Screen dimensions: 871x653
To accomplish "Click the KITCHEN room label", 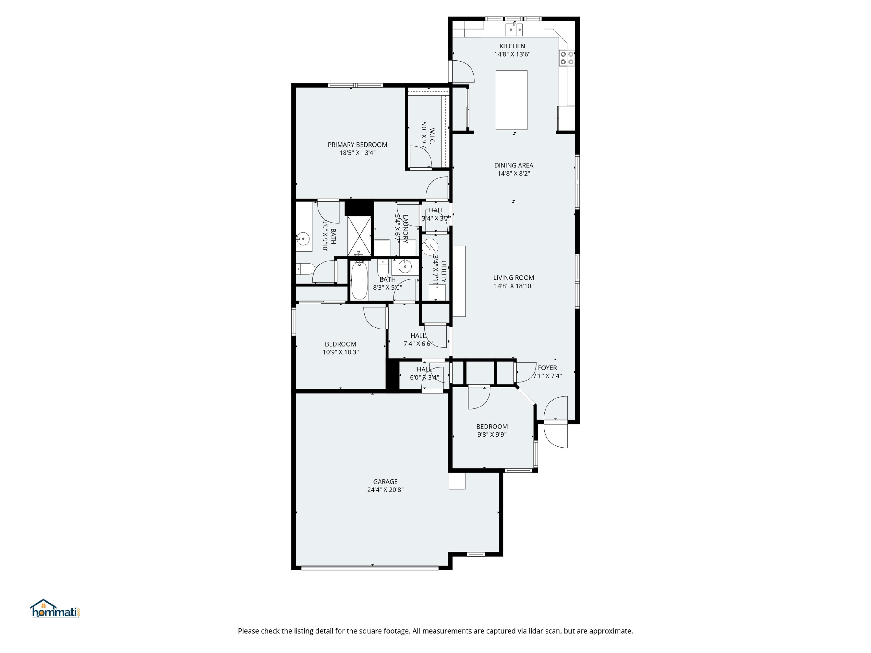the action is point(512,46).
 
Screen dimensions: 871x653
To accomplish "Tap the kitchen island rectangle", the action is point(511,100).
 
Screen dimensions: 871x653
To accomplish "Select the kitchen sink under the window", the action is point(514,29).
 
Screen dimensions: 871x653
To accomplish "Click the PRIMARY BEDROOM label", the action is point(357,145).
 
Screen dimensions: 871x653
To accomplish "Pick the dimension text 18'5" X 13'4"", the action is point(357,153).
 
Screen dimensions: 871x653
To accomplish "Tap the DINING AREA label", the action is point(514,165).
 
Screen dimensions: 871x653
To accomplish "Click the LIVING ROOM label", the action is point(514,277).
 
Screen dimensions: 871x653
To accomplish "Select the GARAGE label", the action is point(385,481).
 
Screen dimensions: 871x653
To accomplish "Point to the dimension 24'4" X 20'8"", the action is point(385,490).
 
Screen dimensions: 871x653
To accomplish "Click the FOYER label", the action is point(547,368).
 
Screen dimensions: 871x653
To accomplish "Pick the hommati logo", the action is point(55,609).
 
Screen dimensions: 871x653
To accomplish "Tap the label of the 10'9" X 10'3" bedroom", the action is point(340,344).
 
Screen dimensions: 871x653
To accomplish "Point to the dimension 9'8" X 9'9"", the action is point(492,434).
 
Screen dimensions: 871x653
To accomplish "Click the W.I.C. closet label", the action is point(432,136).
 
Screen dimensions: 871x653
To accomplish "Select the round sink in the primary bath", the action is point(303,239).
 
